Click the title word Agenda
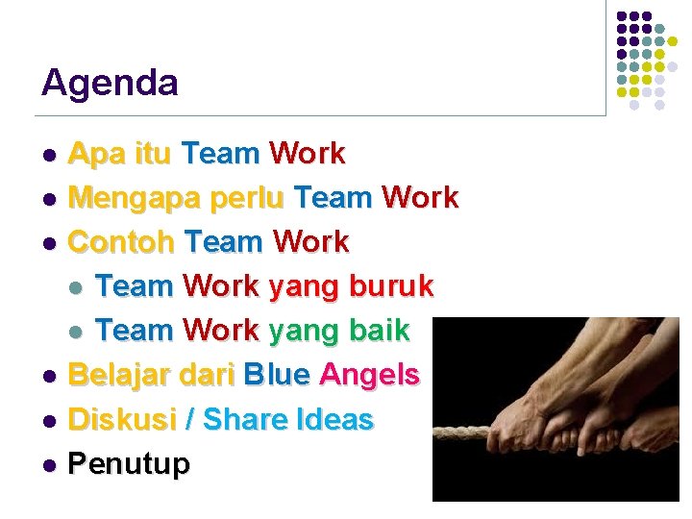110,84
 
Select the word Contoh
121,242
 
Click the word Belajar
116,375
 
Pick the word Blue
277,375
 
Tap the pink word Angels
370,375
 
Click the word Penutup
130,464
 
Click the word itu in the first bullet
149,154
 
